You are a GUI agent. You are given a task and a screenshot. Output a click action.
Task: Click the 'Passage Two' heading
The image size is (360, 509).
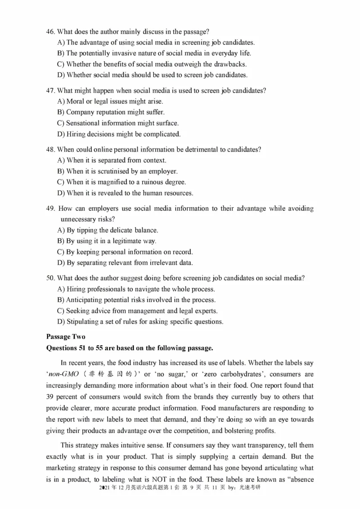point(65,337)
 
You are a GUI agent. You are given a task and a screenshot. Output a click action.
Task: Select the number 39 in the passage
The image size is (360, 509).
point(50,397)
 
